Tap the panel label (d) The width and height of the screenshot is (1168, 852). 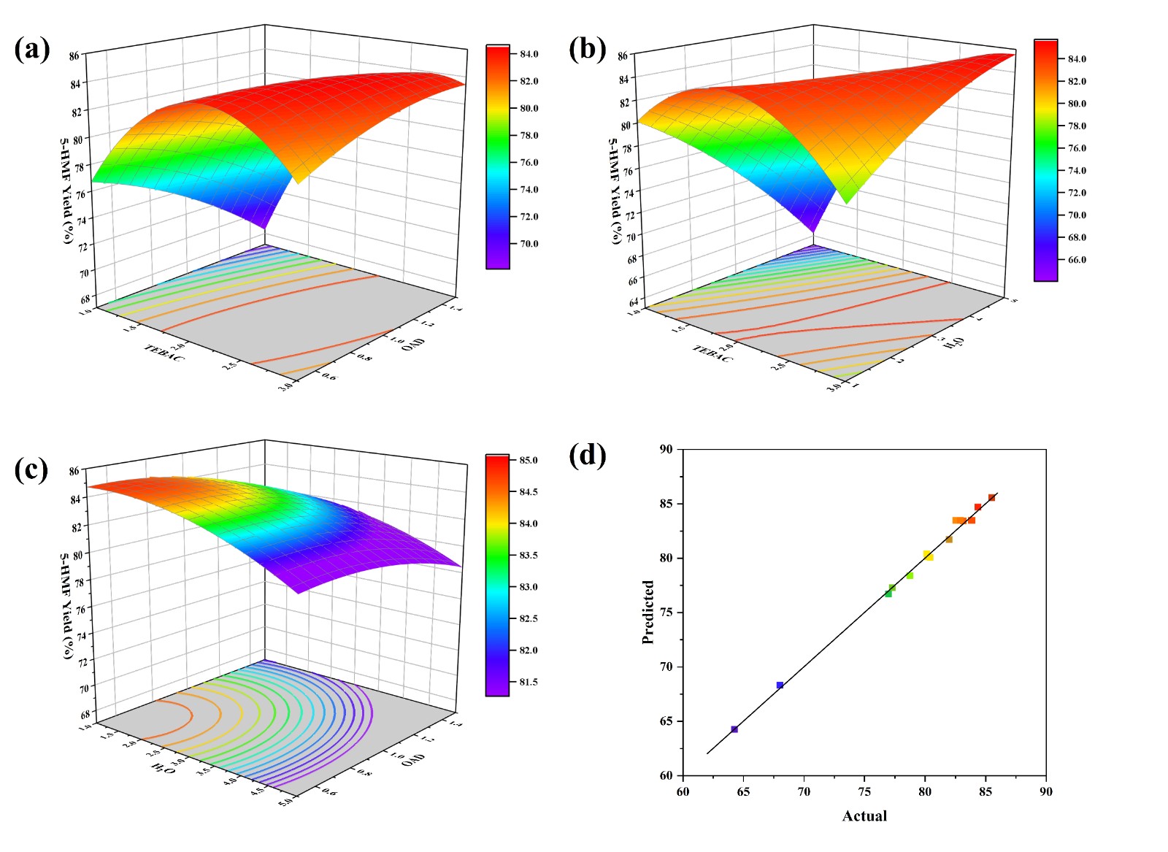tap(587, 456)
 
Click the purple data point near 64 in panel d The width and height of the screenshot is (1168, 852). tap(734, 729)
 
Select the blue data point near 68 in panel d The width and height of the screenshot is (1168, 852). tap(780, 685)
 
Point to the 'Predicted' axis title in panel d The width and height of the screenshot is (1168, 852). tap(648, 612)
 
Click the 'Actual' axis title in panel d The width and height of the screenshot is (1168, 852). tap(864, 816)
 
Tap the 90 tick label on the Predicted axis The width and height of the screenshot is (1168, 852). tap(666, 449)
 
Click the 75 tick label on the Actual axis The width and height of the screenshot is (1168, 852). tap(864, 791)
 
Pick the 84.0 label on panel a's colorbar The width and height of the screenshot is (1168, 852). tap(529, 54)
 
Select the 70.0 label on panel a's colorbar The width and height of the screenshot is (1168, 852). tap(529, 244)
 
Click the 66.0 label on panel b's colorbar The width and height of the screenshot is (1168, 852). tap(1077, 260)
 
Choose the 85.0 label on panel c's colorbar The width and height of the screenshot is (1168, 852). tap(529, 460)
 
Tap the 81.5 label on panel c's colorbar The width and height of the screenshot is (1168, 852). tap(529, 683)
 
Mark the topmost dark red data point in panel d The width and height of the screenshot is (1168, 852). tap(991, 498)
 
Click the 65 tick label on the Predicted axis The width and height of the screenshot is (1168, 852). tap(666, 721)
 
